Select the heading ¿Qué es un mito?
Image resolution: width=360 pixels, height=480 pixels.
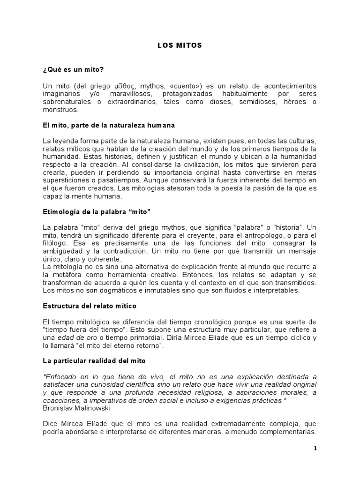[x=73, y=69]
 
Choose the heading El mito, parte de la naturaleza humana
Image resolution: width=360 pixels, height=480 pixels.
[x=108, y=126]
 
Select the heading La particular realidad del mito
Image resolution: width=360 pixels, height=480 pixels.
[x=94, y=361]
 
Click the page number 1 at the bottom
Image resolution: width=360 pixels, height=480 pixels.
[x=315, y=448]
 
